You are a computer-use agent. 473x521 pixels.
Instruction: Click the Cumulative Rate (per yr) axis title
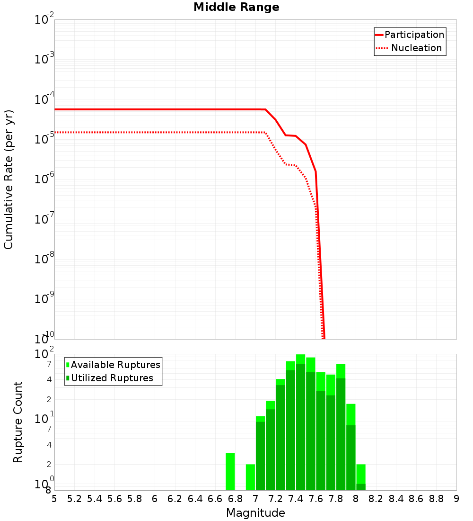pos(9,180)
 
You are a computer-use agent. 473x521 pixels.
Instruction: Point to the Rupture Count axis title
pos(18,422)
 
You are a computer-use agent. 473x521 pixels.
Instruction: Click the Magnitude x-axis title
pos(255,513)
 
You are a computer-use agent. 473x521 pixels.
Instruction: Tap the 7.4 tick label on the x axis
pos(296,499)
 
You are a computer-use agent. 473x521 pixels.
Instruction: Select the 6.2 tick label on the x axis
pos(175,499)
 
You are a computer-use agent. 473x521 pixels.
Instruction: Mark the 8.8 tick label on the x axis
pos(436,499)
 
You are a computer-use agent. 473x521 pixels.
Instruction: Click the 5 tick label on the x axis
pos(54,499)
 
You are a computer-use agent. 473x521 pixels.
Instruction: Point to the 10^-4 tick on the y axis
pos(44,99)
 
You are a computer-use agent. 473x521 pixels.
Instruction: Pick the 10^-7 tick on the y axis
pos(44,219)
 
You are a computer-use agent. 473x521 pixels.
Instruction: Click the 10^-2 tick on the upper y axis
pos(44,20)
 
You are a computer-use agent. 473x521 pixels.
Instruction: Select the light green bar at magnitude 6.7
pos(230,471)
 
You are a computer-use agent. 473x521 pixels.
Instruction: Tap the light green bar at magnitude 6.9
pos(250,477)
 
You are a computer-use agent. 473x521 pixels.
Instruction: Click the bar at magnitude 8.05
pos(361,477)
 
